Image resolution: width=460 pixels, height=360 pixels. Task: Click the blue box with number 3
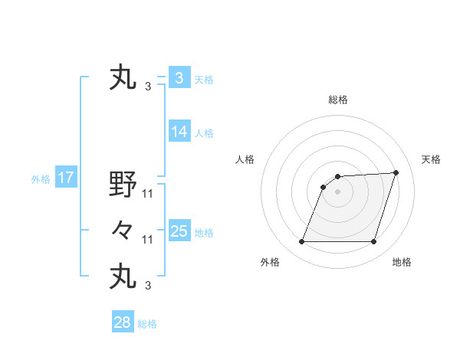point(179,78)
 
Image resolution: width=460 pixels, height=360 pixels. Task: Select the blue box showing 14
point(179,132)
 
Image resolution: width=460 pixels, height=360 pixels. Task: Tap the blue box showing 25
point(179,231)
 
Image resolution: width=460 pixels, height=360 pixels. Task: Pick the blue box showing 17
point(65,178)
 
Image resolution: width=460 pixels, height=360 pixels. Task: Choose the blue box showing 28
point(122,322)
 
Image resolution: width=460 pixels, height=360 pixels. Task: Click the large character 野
point(123,185)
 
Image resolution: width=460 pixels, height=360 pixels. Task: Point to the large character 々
point(123,230)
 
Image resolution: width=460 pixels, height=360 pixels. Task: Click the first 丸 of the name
point(123,78)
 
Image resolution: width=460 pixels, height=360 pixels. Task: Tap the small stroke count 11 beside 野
point(148,194)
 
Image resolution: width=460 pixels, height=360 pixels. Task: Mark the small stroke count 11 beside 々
point(148,240)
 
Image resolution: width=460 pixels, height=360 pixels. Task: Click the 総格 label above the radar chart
point(337,100)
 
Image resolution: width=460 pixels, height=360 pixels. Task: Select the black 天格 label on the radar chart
point(431,159)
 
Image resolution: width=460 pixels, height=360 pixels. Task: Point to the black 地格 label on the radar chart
point(402,262)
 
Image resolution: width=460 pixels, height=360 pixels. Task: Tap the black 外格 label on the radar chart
point(270,262)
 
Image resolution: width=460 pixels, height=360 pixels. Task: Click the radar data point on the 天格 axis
point(396,172)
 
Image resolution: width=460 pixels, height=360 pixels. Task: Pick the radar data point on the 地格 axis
point(373,242)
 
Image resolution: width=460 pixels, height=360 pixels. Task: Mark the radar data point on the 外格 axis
point(301,242)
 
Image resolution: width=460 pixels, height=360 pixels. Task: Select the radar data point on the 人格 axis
point(324,187)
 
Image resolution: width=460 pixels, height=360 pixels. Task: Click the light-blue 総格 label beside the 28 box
point(147,324)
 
